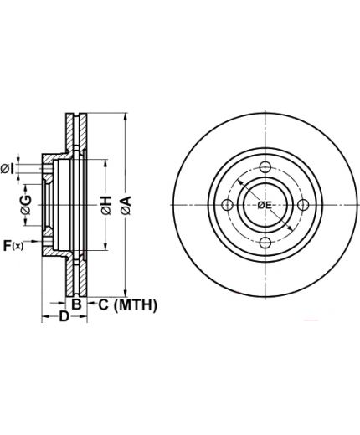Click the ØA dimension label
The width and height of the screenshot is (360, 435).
pos(126,206)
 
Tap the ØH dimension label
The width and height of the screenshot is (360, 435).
pos(106,206)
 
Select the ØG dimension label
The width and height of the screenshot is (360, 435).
pos(26,205)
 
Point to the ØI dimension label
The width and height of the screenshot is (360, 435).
pos(8,169)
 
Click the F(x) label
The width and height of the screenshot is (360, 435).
pos(13,246)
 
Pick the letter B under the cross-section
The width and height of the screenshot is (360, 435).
pos(76,304)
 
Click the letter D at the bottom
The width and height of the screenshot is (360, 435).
pos(64,316)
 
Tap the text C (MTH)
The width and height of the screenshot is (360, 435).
pos(127,304)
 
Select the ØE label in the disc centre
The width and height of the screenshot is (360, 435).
pos(265,206)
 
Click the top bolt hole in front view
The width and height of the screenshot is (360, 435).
pos(265,167)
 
